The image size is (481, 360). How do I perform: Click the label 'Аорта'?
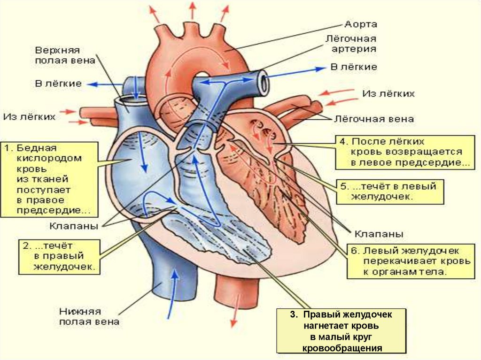click(360, 24)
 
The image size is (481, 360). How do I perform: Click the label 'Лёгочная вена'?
click(374, 119)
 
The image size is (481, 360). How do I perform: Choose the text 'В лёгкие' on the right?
click(353, 67)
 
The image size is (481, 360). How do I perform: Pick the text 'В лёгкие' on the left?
click(58, 83)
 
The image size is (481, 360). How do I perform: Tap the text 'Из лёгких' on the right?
click(388, 94)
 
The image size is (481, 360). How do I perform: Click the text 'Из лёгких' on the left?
click(30, 115)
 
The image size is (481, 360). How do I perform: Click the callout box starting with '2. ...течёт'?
click(59, 257)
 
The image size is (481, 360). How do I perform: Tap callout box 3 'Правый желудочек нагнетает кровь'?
click(341, 330)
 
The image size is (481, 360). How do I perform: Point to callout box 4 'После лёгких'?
click(405, 152)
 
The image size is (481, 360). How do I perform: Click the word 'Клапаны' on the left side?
click(73, 226)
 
